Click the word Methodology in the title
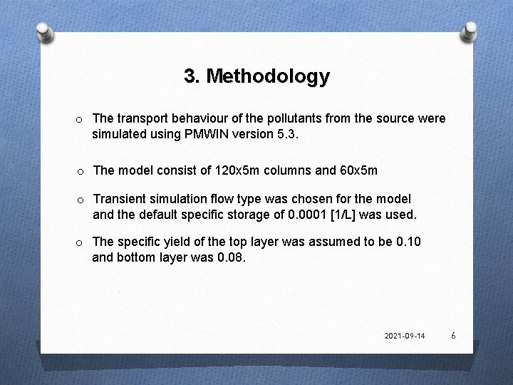click(268, 76)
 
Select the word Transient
click(120, 198)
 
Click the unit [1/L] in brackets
click(352, 215)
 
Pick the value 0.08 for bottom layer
click(229, 258)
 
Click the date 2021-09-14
click(404, 336)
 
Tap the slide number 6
click(453, 335)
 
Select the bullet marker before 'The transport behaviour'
click(81, 118)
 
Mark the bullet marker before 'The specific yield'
click(81, 242)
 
